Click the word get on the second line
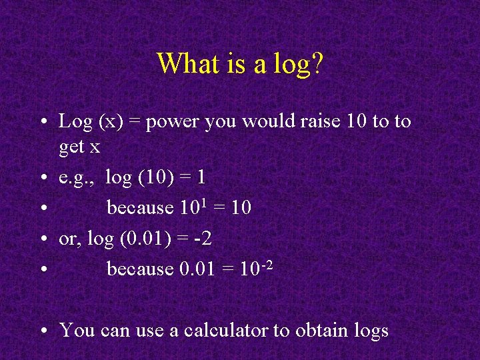[71, 147]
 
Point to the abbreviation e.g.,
[77, 178]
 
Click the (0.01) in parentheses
[146, 238]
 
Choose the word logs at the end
[371, 331]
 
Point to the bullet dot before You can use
[42, 331]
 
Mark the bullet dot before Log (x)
[42, 123]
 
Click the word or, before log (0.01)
[69, 239]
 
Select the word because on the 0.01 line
[140, 269]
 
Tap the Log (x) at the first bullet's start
[87, 122]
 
